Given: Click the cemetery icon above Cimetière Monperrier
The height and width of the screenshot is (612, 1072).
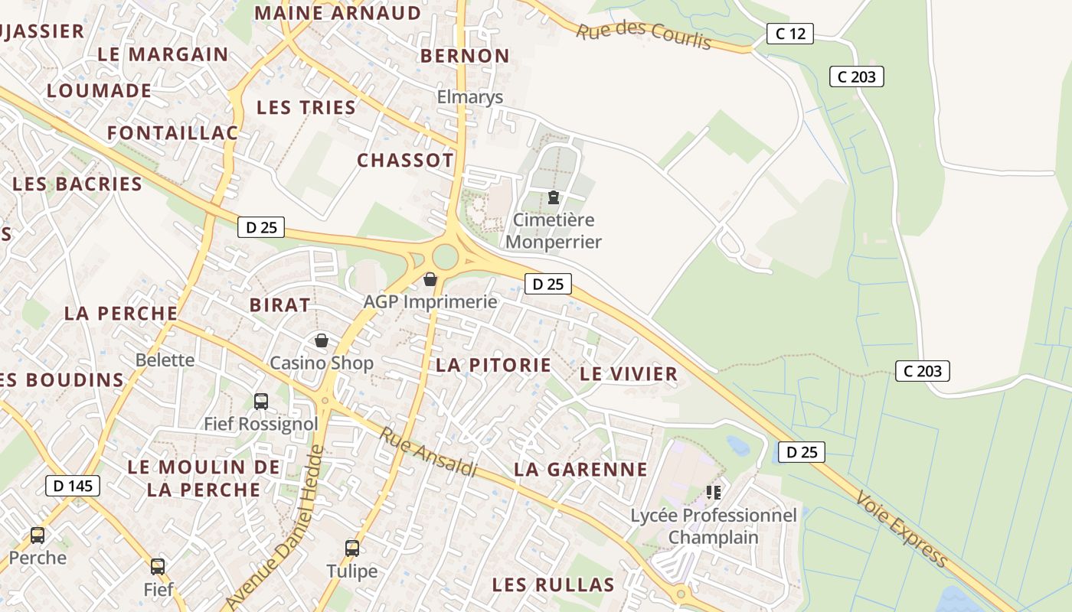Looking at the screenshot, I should [553, 197].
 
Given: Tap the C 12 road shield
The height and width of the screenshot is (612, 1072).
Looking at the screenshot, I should [789, 34].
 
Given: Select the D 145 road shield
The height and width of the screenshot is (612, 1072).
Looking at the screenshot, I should [73, 485].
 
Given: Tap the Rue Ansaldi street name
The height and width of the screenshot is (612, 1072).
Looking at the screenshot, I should [428, 453].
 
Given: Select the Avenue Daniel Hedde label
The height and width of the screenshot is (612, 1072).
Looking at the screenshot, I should [276, 529].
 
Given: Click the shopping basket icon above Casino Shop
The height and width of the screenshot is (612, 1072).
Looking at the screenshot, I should [322, 340].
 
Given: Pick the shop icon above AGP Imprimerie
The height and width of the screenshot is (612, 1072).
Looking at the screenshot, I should [430, 279].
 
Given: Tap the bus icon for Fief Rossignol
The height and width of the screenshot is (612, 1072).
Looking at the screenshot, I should [260, 401].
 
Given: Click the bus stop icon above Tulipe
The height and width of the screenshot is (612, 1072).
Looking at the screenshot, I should [352, 548].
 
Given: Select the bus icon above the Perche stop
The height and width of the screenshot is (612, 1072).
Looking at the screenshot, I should [38, 535].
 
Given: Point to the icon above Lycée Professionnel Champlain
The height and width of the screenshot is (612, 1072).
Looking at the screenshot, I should [714, 492].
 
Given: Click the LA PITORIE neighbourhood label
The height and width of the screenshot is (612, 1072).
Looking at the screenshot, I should [493, 365].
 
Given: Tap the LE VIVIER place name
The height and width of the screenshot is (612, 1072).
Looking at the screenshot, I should [629, 374].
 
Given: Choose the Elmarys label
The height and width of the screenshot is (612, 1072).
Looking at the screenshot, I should [470, 97].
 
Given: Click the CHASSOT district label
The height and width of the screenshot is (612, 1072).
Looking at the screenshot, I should [405, 160].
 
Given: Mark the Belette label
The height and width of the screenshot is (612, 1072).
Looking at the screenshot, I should [165, 360].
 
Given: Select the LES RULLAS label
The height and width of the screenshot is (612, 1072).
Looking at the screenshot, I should [553, 585].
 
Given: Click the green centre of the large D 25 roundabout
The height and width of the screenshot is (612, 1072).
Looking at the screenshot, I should [444, 257].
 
